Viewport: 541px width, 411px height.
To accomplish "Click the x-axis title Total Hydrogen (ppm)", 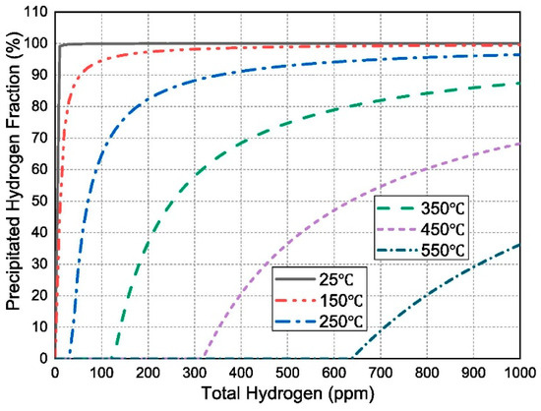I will click(286, 395).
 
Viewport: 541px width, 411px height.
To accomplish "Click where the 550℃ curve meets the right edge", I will click(519, 244).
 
